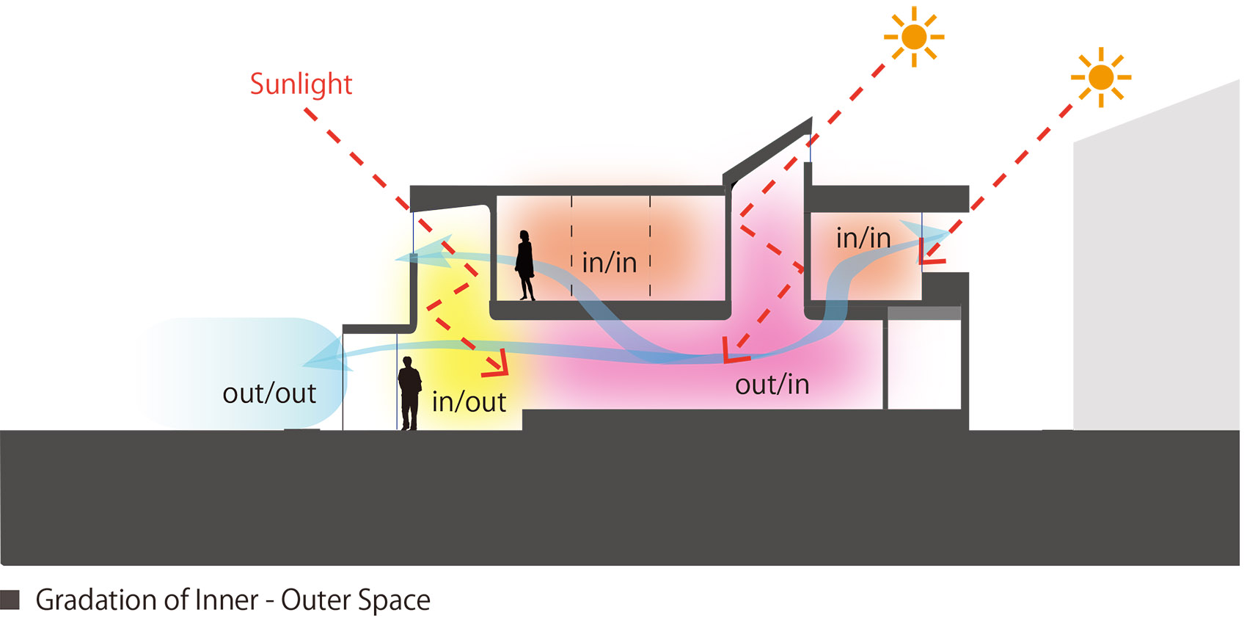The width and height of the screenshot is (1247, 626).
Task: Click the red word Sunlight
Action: (x=301, y=84)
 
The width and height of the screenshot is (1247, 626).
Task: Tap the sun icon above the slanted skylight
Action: (x=913, y=37)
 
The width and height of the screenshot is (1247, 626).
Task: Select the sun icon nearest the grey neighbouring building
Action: (x=1100, y=77)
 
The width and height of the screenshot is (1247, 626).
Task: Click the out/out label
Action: (x=269, y=394)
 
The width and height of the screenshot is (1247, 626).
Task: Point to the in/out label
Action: (x=469, y=402)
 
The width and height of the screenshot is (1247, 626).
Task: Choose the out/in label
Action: (x=772, y=385)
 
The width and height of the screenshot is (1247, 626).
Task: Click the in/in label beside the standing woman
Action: (x=610, y=263)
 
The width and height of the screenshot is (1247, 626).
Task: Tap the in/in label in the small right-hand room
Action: (x=863, y=239)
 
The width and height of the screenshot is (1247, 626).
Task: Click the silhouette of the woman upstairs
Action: (x=524, y=266)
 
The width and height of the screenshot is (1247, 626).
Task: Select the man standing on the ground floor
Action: (x=409, y=394)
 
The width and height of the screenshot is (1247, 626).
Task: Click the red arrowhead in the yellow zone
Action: (x=497, y=363)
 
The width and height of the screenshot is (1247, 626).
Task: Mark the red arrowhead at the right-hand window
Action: (x=929, y=253)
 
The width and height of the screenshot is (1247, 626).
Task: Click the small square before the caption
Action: (x=10, y=600)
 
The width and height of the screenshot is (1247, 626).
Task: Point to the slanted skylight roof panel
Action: (x=768, y=150)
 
